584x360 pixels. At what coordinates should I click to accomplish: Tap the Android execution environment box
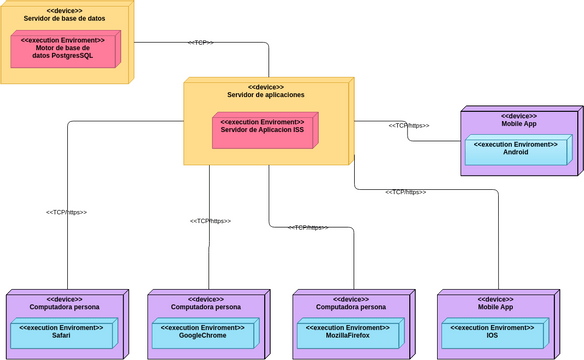515,149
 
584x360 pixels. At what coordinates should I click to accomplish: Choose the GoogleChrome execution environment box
206,333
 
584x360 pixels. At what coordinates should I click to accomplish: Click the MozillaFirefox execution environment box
350,333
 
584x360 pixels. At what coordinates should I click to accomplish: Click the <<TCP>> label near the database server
200,42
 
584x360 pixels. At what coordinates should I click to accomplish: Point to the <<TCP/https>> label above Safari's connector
67,212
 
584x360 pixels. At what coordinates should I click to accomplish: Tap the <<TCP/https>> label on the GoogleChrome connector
210,221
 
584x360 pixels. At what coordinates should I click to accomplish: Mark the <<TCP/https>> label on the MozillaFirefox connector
308,228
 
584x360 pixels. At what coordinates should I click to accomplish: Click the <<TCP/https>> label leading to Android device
408,126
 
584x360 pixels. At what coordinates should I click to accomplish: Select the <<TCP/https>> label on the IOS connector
406,191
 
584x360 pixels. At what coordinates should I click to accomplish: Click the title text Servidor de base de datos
65,18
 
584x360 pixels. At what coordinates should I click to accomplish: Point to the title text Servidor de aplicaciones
265,95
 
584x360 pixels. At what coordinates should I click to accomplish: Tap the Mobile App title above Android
519,123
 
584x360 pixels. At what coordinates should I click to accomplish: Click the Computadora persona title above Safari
65,307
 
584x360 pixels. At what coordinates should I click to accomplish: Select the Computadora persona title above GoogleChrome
206,307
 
